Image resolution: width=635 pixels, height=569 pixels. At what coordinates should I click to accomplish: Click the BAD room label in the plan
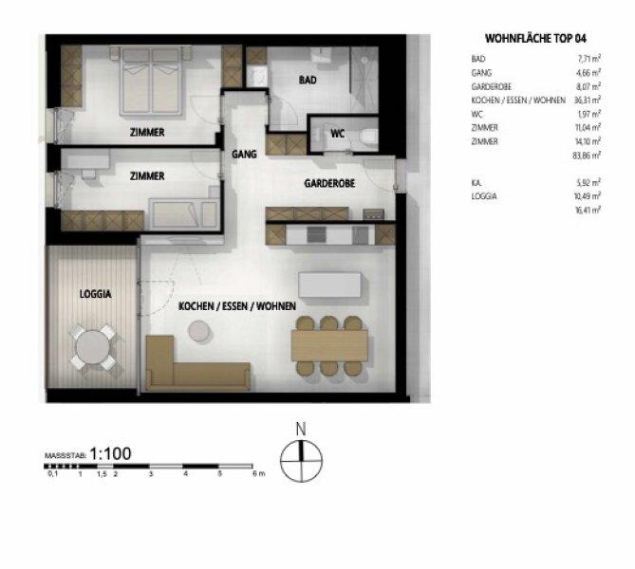pos(308,81)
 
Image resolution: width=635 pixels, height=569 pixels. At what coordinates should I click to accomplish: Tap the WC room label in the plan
pos(337,134)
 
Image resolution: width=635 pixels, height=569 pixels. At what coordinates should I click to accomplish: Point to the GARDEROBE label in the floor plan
pos(329,183)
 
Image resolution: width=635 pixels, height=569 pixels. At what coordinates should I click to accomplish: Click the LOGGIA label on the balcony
pos(94,295)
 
